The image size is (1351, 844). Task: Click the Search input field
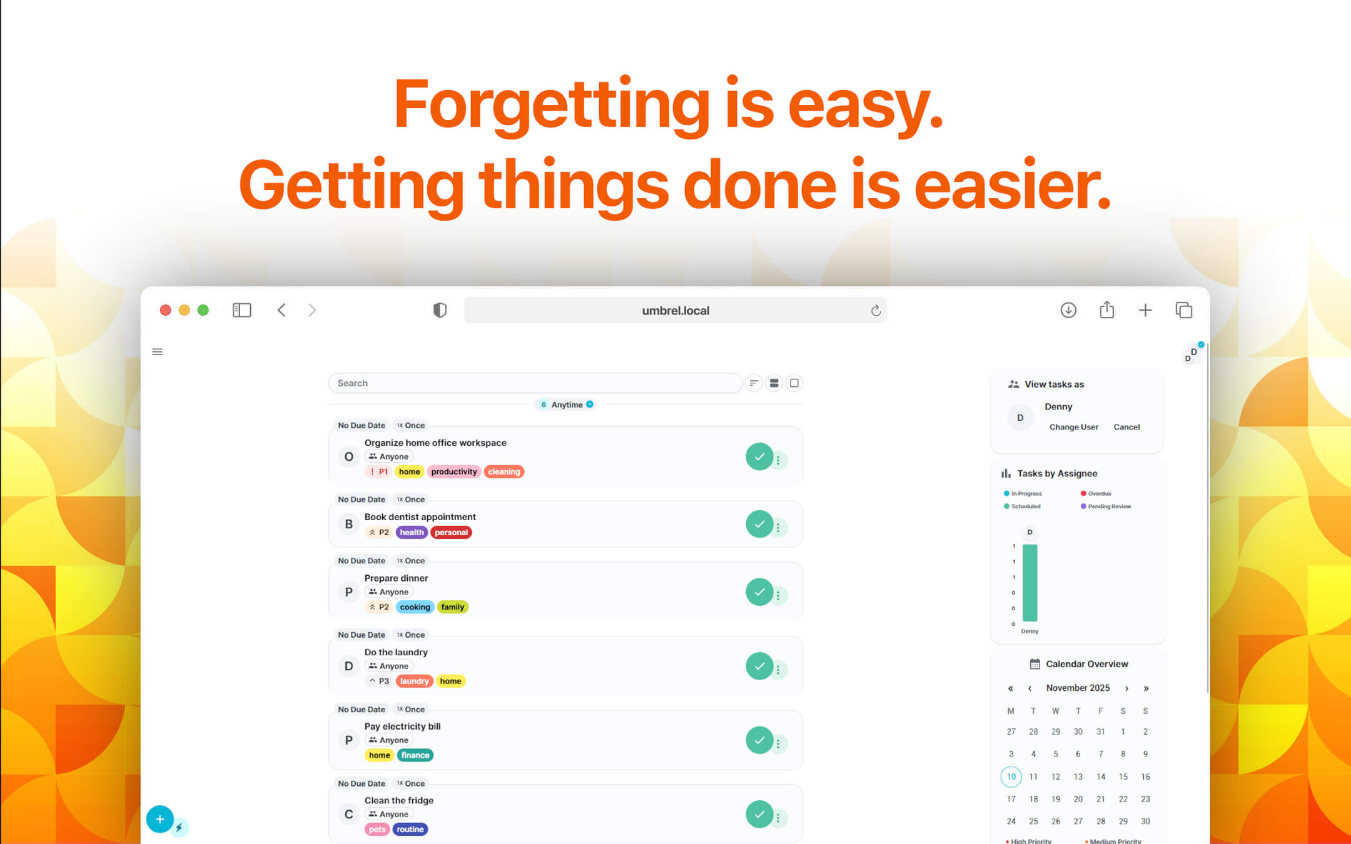pos(535,383)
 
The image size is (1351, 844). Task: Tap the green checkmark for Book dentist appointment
pos(759,524)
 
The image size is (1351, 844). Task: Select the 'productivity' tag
pos(453,472)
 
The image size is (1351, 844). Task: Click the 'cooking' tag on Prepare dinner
pos(415,607)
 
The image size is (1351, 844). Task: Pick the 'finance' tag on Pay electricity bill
pos(415,755)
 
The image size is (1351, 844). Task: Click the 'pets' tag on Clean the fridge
pos(377,830)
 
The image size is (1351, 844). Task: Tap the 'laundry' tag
pos(414,681)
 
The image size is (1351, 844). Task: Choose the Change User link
pos(1073,427)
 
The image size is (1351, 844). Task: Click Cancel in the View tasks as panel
pos(1126,427)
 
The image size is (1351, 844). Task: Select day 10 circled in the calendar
pos(1011,776)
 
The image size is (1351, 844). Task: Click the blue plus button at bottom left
pos(159,819)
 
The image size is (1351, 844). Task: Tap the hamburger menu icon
pos(158,352)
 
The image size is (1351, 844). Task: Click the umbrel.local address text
pos(675,311)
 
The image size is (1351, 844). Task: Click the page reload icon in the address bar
pos(876,311)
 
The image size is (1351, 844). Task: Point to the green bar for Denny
pos(1030,583)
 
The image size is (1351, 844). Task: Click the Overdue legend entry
pos(1099,494)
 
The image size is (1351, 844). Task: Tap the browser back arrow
pos(281,310)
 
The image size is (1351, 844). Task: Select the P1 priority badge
pos(379,472)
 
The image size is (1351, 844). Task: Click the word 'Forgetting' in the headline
pos(551,104)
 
